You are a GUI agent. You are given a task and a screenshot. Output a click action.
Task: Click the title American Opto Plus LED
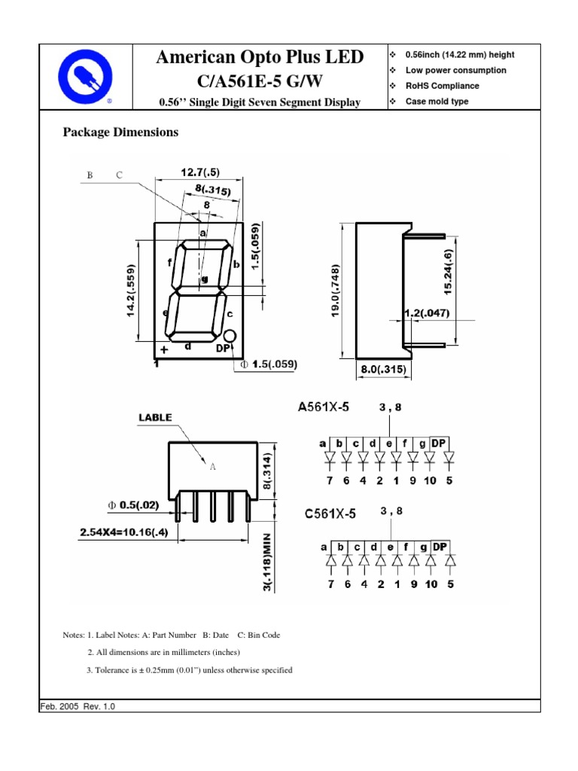pos(260,57)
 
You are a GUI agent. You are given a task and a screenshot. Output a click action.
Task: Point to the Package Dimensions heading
pos(120,132)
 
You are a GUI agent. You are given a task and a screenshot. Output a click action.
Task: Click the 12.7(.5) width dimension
pos(199,172)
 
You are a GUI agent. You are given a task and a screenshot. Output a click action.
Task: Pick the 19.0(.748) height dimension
pos(336,291)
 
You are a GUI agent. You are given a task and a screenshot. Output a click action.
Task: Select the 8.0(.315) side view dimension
pos(379,369)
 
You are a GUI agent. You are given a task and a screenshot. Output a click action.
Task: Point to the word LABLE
pos(154,417)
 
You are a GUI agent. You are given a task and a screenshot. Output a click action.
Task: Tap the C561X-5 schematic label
pos(330,514)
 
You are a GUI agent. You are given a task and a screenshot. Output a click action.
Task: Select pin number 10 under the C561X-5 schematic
pos(430,584)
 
